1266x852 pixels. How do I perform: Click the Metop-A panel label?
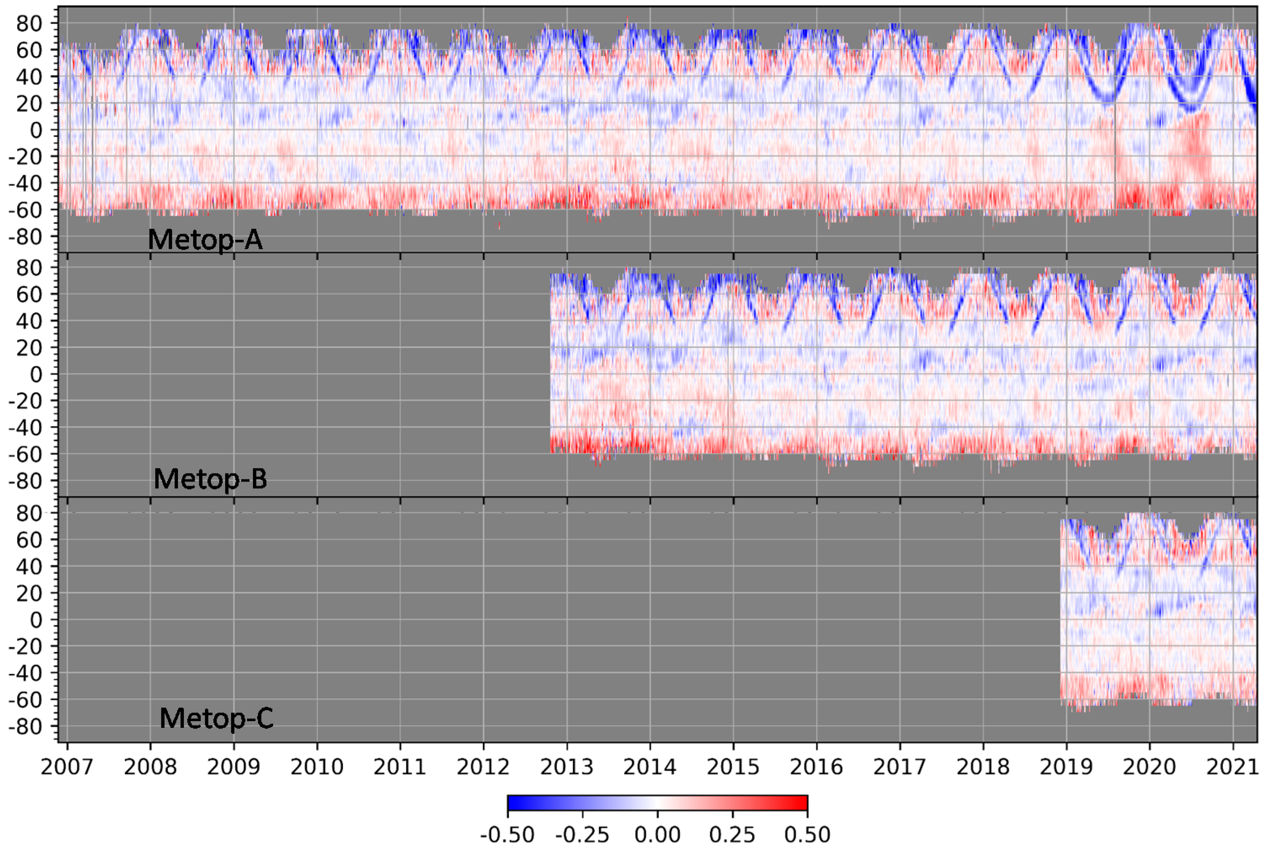205,239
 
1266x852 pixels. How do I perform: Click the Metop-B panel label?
210,479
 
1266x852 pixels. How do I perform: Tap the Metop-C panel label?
216,718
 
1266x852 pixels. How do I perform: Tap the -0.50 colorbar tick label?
507,834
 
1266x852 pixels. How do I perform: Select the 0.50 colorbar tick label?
807,834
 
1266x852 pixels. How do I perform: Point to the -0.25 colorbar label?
582,834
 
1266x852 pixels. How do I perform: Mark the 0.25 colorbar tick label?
733,834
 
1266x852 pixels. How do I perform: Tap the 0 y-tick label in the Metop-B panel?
36,374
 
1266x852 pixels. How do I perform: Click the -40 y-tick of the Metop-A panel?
26,184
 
